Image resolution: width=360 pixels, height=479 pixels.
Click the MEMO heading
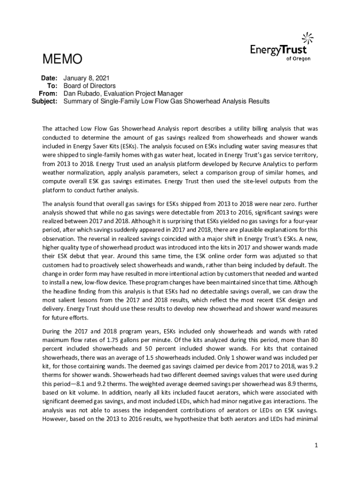tap(62, 59)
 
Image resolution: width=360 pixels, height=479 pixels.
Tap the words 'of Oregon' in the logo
tap(298, 58)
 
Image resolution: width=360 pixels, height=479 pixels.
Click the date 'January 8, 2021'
tap(86, 78)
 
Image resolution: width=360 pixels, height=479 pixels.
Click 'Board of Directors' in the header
tap(89, 86)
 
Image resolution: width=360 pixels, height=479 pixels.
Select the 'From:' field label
tap(48, 94)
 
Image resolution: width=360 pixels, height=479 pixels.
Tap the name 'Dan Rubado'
tap(80, 94)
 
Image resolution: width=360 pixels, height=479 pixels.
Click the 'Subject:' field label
tap(44, 101)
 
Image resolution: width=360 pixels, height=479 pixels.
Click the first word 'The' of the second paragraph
tap(48, 204)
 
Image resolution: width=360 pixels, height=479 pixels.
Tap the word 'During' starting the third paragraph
tap(52, 332)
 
